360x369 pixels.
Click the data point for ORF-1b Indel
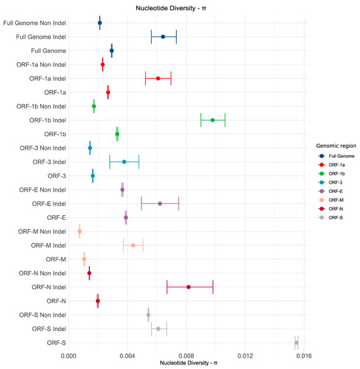point(213,120)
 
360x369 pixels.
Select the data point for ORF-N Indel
point(189,287)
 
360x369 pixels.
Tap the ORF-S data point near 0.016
point(297,342)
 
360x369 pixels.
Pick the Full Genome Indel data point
point(163,37)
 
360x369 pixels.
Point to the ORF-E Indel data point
point(160,203)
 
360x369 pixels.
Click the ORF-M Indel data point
point(133,245)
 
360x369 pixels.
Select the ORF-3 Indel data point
point(124,162)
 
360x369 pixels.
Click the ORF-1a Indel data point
point(158,78)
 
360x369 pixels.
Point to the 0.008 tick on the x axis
point(186,356)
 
